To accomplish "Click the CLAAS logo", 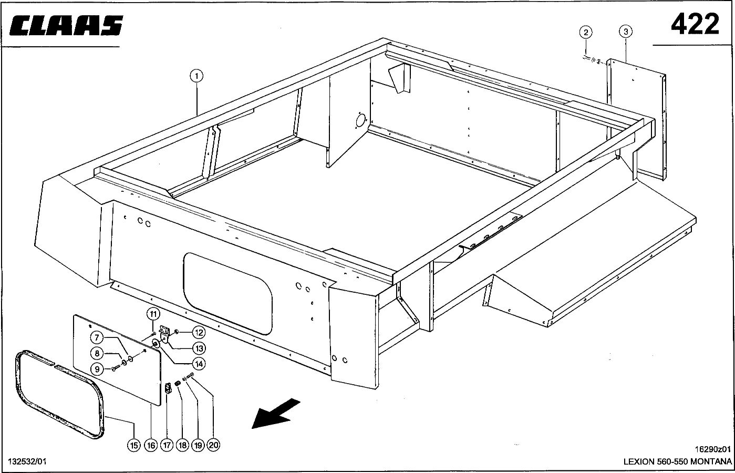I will (x=66, y=26).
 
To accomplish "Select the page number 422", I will (x=694, y=24).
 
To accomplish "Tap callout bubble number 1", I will (x=196, y=76).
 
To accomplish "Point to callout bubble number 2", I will (x=586, y=32).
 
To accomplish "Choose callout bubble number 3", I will (x=625, y=32).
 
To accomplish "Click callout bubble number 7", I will (x=97, y=338).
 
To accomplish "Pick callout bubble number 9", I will (x=97, y=369).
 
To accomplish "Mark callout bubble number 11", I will (x=152, y=314).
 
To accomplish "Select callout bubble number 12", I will (x=199, y=332).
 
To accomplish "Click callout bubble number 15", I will (x=134, y=445).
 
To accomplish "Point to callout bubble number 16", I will (x=151, y=445).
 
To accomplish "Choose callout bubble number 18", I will (x=182, y=445).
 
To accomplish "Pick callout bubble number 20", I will (x=213, y=445).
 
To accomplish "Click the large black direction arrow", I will (x=276, y=413).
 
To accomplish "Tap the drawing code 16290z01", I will (x=712, y=449).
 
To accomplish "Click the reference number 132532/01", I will (x=27, y=461).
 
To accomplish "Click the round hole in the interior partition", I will (x=360, y=120).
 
